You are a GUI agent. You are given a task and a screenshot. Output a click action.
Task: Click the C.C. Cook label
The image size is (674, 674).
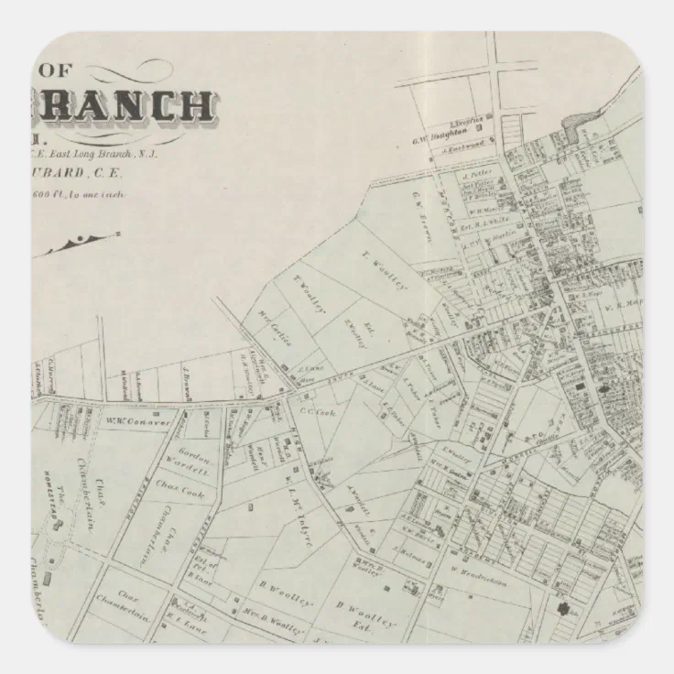pyautogui.click(x=313, y=411)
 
